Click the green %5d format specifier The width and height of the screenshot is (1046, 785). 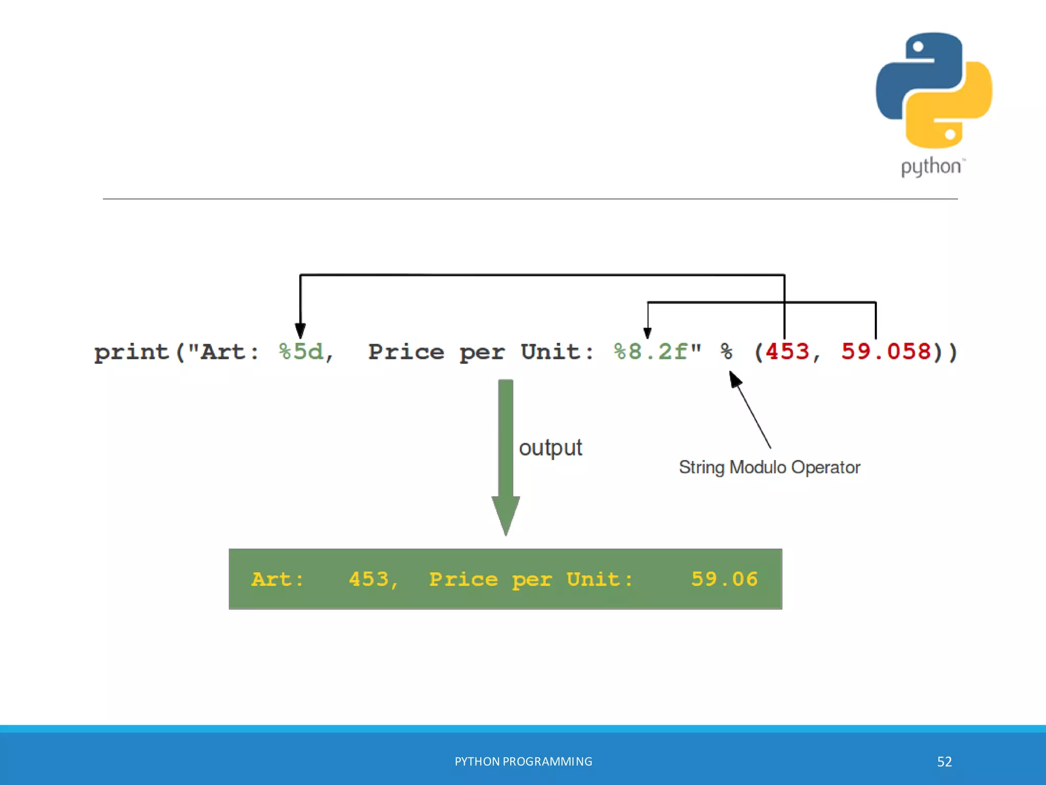[x=301, y=352]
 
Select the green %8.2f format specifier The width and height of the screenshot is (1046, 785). [x=651, y=352]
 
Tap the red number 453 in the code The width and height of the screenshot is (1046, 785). [x=787, y=352]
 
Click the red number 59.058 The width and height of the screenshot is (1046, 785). [x=886, y=352]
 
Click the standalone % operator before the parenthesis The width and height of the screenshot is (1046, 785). [x=726, y=352]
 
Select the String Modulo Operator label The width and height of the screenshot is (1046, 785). [x=769, y=467]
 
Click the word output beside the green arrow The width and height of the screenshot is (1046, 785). [x=550, y=448]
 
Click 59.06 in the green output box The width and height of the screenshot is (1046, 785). [x=724, y=579]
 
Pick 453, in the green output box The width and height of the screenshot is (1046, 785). [x=373, y=580]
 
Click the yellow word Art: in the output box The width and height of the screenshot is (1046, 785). [x=277, y=580]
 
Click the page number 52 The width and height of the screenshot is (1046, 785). [x=944, y=761]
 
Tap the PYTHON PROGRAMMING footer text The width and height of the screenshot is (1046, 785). [x=523, y=761]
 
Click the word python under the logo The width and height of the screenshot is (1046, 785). [x=931, y=167]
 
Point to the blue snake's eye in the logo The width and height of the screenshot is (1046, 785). [x=918, y=47]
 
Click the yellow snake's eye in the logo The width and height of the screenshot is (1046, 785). [x=950, y=134]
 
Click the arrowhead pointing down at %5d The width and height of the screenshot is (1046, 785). [x=300, y=331]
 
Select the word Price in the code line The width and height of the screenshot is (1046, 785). [x=406, y=352]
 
